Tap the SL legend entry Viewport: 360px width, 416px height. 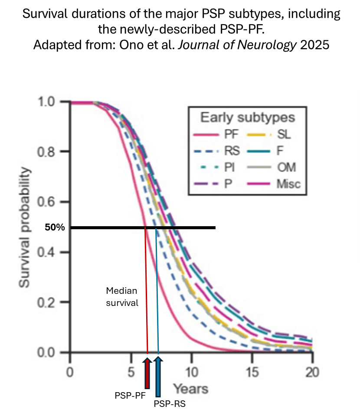tap(284, 134)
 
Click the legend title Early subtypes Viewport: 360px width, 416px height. tap(248, 117)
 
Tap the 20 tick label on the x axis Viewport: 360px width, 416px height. tap(312, 372)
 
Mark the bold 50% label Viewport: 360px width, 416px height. tap(55, 227)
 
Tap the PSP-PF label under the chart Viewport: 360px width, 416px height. tap(130, 395)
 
